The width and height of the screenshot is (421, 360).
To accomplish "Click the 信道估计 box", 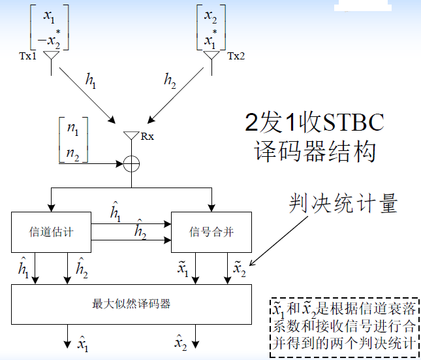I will pos(51,232).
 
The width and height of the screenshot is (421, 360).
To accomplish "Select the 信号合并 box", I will pos(211,232).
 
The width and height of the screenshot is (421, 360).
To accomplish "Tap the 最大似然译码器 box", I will pos(131,304).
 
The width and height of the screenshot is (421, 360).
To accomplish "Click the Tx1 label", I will pos(29,56).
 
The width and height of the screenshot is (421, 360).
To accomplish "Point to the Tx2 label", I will pos(236,56).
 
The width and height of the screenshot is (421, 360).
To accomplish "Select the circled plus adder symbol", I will pos(132,163).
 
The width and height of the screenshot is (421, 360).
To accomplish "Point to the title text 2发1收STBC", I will pos(314,122).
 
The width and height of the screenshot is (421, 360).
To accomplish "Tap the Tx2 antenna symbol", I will pos(211,57).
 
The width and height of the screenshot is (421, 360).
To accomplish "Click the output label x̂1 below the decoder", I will pos(83,342).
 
